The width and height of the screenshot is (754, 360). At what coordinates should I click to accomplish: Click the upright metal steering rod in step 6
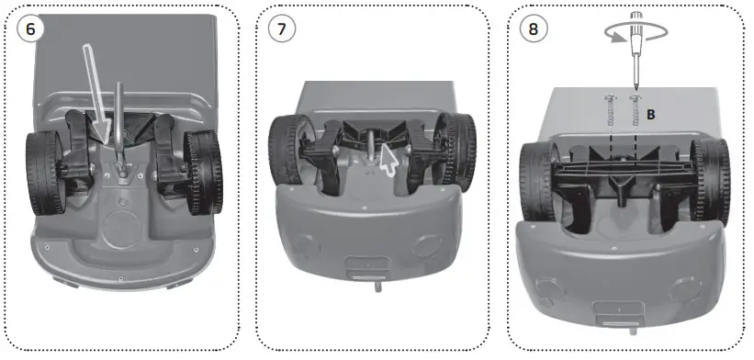(x=120, y=119)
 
